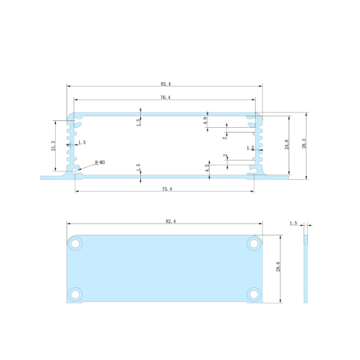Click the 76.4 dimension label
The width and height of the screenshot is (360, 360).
(x=165, y=97)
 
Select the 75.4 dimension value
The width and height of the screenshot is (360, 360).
(x=166, y=189)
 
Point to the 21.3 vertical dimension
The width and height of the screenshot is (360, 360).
(x=53, y=146)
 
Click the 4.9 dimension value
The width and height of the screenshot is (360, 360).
(x=206, y=120)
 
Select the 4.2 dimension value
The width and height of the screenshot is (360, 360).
(x=207, y=167)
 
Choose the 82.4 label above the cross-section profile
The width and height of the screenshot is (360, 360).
(x=165, y=83)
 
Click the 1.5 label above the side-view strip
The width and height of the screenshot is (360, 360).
(x=293, y=223)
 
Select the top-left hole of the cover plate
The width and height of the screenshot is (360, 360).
(x=75, y=244)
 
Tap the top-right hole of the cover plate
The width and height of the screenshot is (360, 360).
(x=254, y=244)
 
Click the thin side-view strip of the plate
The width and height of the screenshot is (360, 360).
(x=306, y=269)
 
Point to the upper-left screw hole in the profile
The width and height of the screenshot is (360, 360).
(x=76, y=120)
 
